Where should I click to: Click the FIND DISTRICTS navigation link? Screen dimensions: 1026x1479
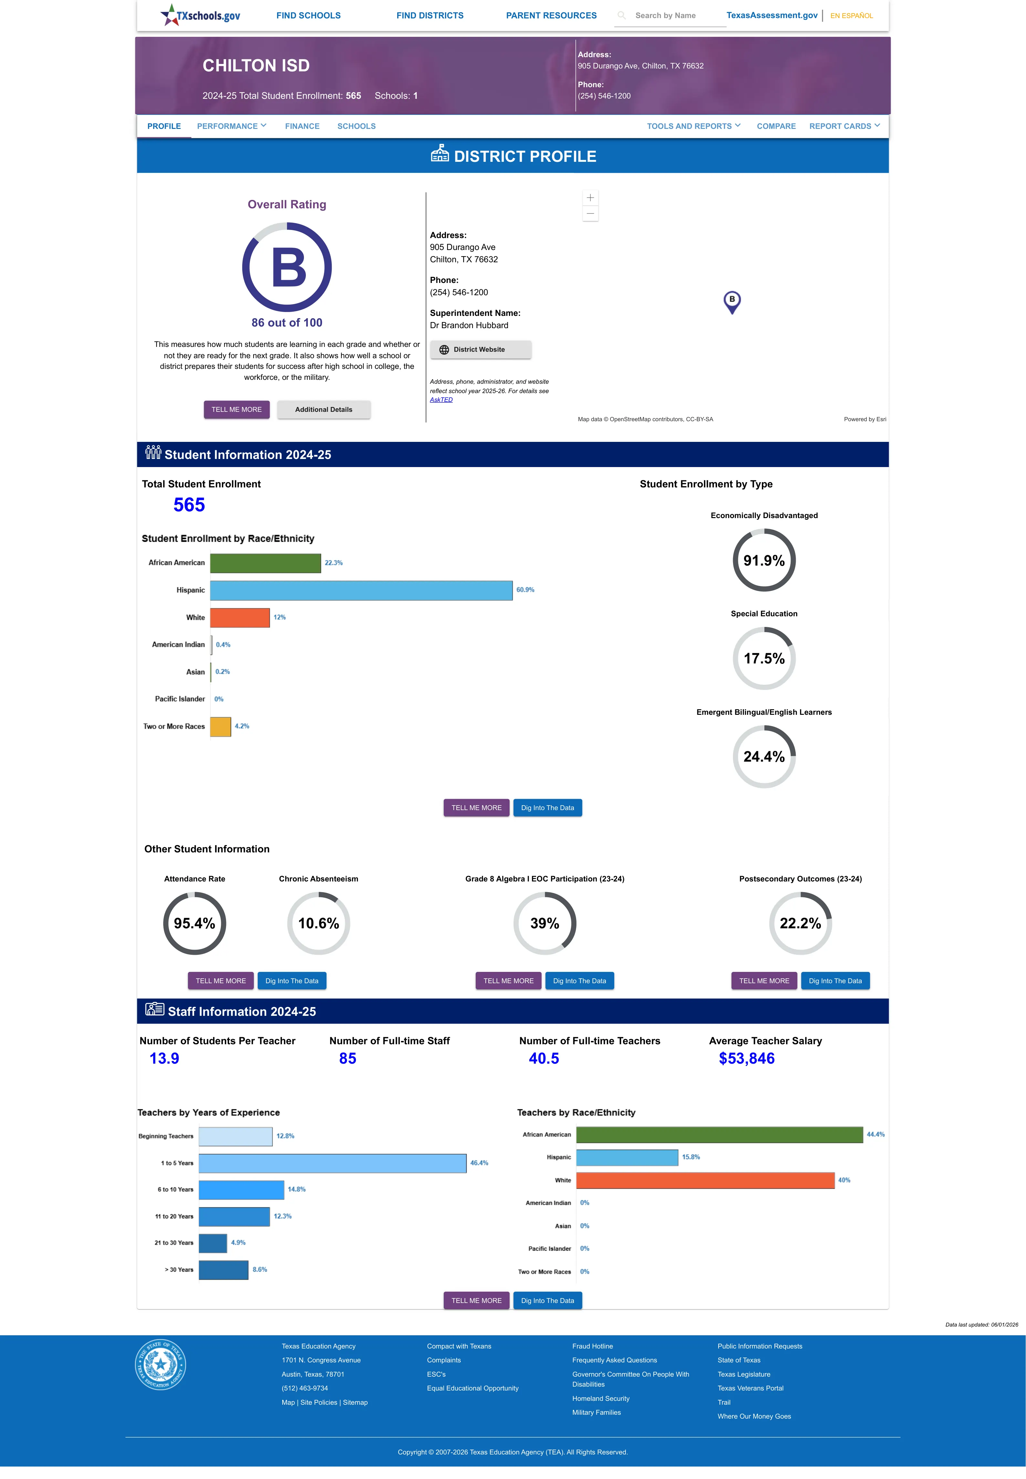point(430,16)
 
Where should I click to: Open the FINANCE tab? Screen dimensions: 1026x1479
point(302,126)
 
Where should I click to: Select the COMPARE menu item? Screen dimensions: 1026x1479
point(776,126)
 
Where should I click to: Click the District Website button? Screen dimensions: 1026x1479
point(480,350)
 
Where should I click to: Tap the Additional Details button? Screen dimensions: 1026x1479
point(323,410)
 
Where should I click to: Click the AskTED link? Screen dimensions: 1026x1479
point(441,400)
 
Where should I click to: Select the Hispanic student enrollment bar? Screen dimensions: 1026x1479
point(361,590)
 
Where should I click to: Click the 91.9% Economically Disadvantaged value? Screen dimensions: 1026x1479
point(764,560)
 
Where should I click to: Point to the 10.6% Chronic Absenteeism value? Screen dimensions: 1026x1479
point(318,924)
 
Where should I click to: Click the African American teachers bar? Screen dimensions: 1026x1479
point(719,1134)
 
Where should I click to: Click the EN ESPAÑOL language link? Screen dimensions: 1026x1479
point(851,16)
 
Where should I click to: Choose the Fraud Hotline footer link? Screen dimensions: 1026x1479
point(592,1346)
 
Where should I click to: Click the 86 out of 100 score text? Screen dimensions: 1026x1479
point(287,323)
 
